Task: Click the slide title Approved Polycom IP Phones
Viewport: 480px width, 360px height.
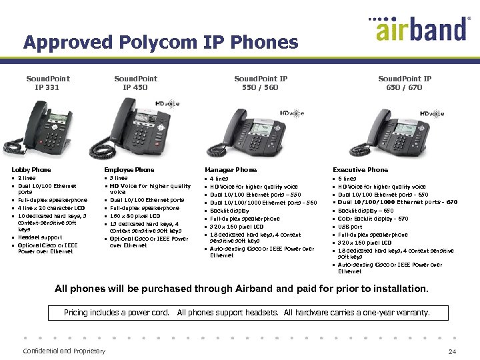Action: [x=161, y=43]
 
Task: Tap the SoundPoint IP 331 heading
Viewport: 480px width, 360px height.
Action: [x=47, y=83]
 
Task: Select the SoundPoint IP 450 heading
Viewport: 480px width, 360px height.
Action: [x=135, y=83]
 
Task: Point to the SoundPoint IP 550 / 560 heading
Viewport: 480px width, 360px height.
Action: [x=261, y=83]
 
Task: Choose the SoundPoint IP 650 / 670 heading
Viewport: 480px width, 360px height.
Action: [x=404, y=83]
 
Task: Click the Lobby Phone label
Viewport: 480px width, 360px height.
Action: [x=31, y=170]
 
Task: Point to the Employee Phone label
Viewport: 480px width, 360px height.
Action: [x=129, y=170]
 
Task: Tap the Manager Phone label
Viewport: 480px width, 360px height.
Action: [x=231, y=170]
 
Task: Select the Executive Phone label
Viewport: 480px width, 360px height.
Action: [x=360, y=170]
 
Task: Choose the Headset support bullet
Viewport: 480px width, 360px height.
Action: [x=40, y=237]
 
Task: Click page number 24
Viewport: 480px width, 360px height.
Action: [x=453, y=351]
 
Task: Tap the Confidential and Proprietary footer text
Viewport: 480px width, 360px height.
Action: [x=64, y=351]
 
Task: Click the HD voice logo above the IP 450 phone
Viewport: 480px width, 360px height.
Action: [x=167, y=104]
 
